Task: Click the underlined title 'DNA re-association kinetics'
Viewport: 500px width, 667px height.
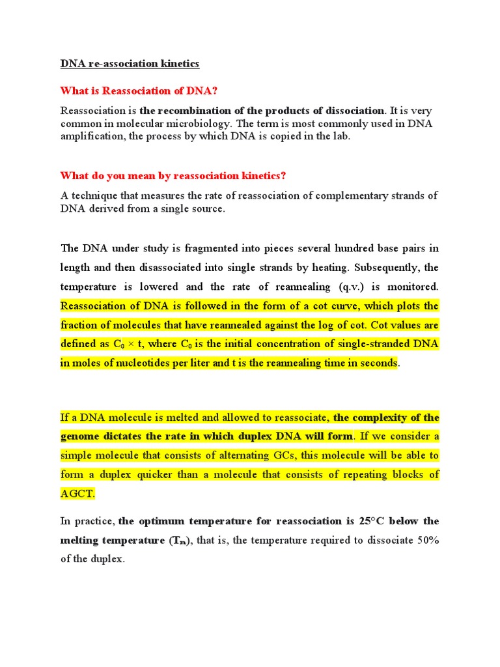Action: coord(130,64)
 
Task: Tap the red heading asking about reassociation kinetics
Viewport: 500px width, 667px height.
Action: coord(173,176)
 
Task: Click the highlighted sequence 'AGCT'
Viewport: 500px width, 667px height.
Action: coord(77,494)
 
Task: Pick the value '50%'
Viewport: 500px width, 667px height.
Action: coord(426,541)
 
